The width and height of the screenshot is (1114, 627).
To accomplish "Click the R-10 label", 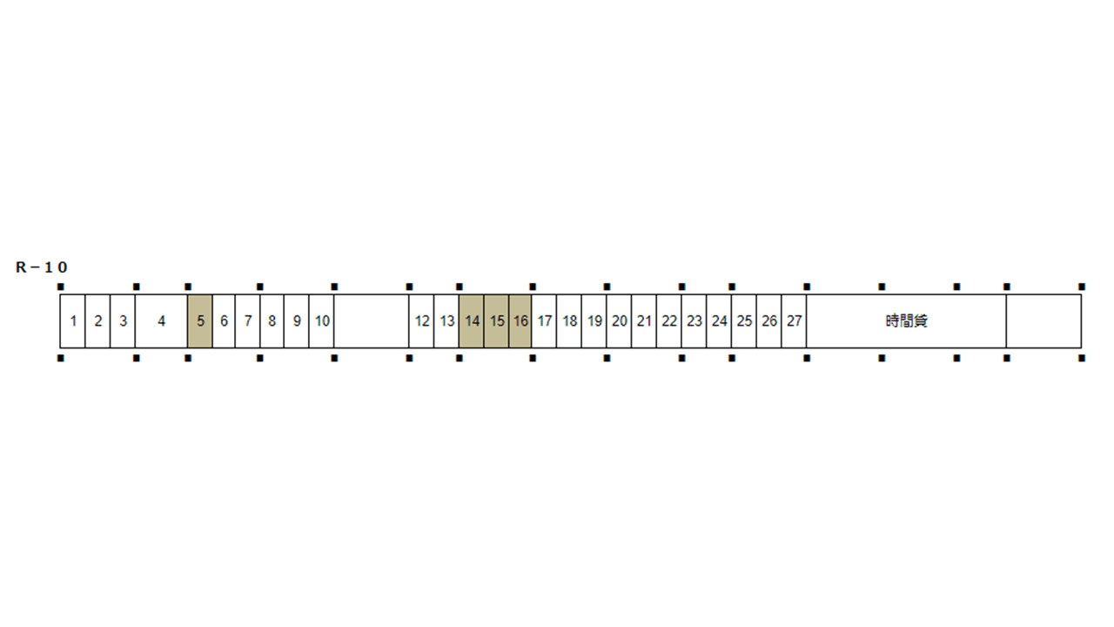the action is pyautogui.click(x=41, y=267).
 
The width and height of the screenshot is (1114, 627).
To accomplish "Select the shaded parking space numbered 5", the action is pyautogui.click(x=200, y=321).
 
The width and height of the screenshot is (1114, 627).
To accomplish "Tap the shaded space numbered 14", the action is pyautogui.click(x=472, y=321).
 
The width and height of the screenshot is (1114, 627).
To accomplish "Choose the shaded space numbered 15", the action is pyautogui.click(x=496, y=321).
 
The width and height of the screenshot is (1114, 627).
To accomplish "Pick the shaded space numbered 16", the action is pyautogui.click(x=520, y=321).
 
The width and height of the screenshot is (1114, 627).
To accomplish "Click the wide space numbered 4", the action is pyautogui.click(x=161, y=321).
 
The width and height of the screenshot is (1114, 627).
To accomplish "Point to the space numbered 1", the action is pyautogui.click(x=72, y=321).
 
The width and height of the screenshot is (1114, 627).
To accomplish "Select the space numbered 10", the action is pyautogui.click(x=321, y=321).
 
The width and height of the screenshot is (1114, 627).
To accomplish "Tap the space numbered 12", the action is pyautogui.click(x=421, y=321).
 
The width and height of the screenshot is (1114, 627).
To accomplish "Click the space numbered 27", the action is pyautogui.click(x=794, y=321).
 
